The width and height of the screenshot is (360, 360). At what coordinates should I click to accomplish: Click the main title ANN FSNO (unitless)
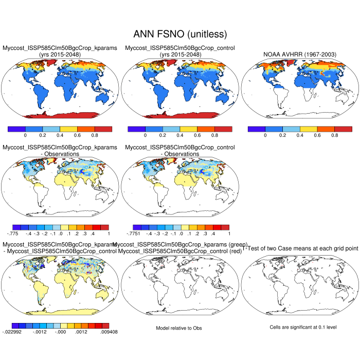pos(180,34)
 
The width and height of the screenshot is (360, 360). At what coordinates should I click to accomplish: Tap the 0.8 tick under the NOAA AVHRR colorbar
pos(335,136)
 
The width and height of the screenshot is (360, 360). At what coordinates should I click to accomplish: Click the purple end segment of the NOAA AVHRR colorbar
pos(256,129)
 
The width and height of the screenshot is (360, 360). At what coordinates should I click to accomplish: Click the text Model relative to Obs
pos(180,328)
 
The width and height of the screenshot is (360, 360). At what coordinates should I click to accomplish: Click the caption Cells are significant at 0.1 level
pos(300,327)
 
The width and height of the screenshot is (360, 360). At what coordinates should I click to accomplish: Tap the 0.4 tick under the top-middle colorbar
pos(180,136)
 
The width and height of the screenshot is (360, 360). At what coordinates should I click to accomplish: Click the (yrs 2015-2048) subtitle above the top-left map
pos(60,55)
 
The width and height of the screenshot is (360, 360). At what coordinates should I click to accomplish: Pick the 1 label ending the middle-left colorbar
pos(108,234)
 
